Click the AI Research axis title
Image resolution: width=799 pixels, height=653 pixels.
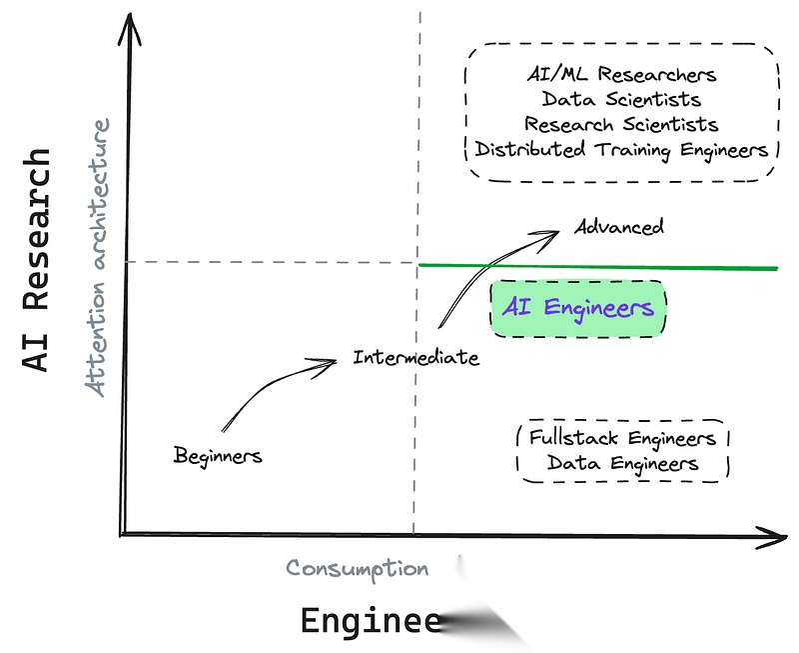pos(37,260)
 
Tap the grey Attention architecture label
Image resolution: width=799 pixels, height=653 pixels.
pos(98,258)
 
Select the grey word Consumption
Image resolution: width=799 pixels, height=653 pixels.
pos(357,568)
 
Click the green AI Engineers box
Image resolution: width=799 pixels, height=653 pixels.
pos(578,308)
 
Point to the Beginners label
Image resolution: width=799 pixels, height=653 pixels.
pos(218,456)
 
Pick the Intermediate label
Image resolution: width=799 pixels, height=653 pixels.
pos(415,357)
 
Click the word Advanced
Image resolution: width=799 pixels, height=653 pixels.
pos(619,227)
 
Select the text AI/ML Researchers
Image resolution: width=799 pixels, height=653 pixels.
pos(621,75)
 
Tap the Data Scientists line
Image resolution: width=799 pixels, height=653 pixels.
pos(621,100)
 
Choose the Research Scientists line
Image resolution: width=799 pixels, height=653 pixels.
pos(621,125)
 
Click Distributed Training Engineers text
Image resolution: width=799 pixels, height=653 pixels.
pos(621,150)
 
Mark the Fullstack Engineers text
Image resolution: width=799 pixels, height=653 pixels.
pos(623,438)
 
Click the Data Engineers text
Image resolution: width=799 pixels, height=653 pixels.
pos(623,463)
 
